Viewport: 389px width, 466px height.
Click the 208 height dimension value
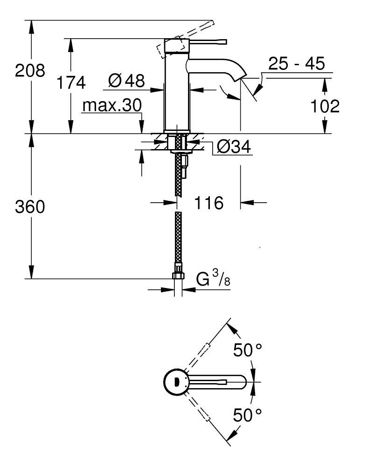click(30, 71)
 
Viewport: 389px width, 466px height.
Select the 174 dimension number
click(71, 82)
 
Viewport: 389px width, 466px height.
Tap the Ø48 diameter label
click(126, 81)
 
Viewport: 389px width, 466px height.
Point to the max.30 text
click(111, 106)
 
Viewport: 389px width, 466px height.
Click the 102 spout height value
click(325, 107)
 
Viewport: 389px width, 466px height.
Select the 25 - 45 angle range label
click(296, 64)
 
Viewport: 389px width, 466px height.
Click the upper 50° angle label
click(248, 350)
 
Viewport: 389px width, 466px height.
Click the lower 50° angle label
click(248, 414)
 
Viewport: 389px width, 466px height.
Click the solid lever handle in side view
click(205, 41)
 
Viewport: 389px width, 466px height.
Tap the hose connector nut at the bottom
click(178, 274)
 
